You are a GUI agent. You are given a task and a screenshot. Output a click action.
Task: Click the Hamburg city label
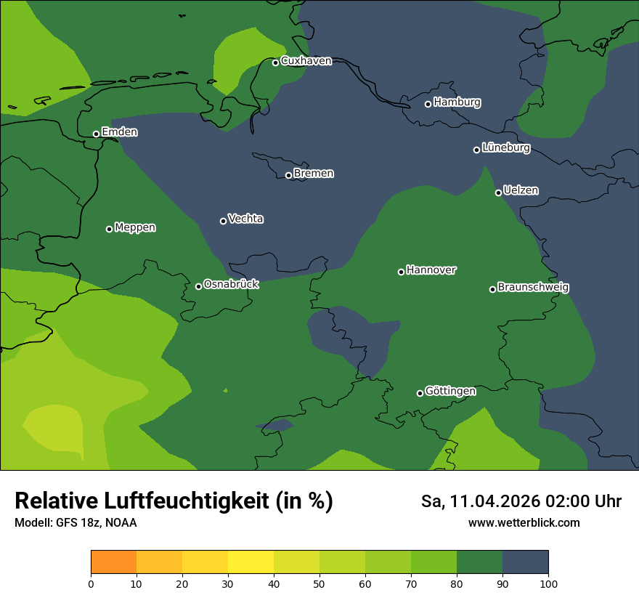click(457, 102)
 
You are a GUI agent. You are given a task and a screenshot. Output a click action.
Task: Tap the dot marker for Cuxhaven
click(276, 62)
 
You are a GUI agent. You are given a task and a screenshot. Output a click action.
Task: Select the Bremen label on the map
click(314, 174)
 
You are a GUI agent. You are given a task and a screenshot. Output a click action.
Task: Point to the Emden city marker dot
click(96, 134)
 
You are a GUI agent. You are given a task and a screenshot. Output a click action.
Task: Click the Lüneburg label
click(506, 148)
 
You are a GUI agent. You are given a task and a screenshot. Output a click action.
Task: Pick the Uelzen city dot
click(498, 193)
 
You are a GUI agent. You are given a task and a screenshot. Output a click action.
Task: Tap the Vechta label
click(245, 219)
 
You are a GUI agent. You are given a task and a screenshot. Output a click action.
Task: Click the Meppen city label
click(135, 227)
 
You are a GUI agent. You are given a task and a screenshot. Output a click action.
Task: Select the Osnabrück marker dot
click(198, 286)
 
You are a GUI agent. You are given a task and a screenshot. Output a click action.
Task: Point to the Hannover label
click(431, 270)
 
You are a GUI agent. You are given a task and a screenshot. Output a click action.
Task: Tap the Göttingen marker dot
click(420, 393)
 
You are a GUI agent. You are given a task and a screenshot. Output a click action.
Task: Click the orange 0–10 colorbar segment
click(114, 562)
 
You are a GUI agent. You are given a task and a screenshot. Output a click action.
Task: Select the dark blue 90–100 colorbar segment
click(525, 562)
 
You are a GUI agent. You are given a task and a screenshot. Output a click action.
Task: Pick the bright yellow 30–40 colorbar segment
click(251, 562)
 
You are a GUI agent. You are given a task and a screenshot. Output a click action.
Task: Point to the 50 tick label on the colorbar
click(319, 584)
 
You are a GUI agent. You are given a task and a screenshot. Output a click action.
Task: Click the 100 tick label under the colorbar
click(548, 584)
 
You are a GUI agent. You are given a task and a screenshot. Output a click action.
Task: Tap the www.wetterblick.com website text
click(524, 522)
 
